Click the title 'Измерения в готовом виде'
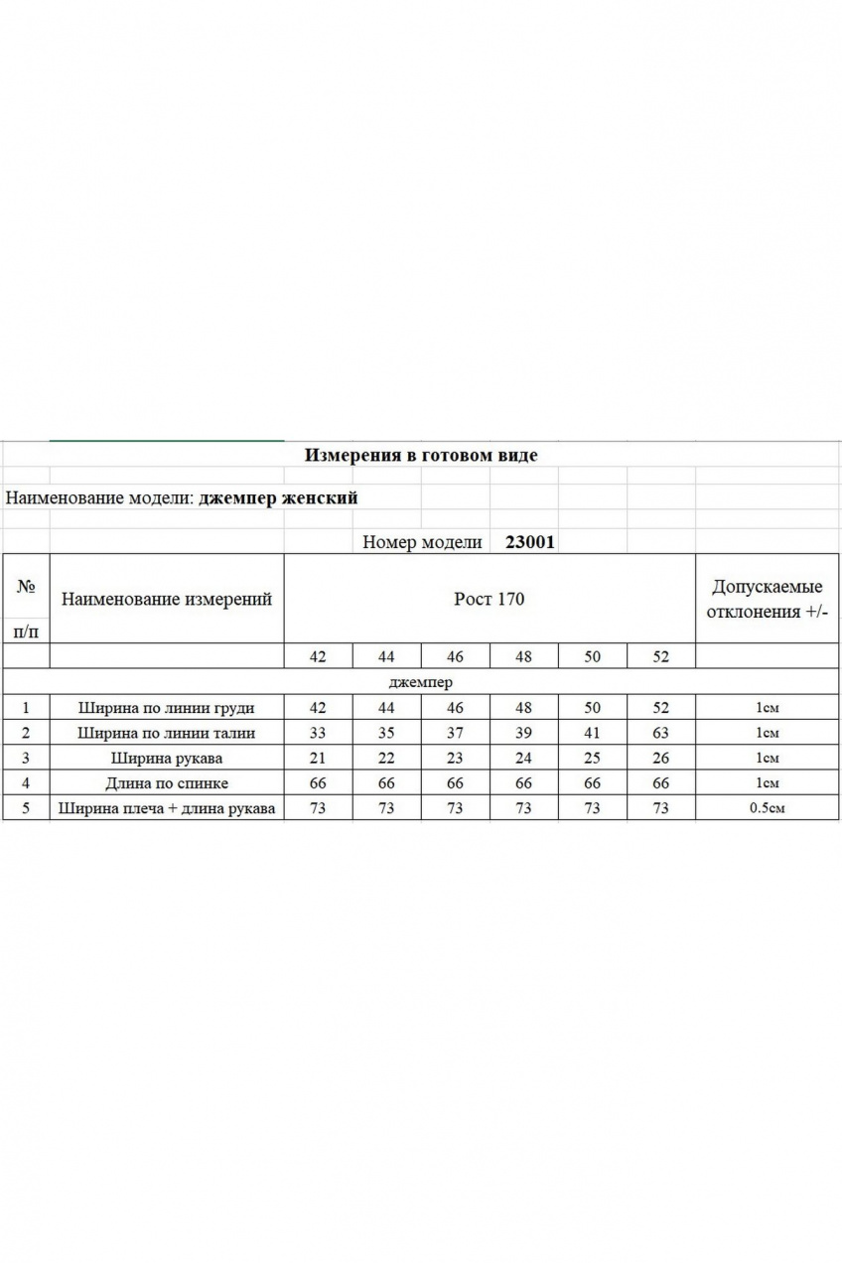421,455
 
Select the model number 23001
530,542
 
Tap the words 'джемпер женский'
278,497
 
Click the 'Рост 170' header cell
489,599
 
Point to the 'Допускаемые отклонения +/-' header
767,599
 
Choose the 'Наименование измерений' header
167,599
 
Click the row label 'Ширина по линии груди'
166,708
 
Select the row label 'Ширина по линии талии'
166,733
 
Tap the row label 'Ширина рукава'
166,758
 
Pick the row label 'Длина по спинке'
166,783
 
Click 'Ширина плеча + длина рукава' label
166,808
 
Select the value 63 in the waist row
660,733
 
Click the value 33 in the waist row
318,733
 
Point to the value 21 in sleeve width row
318,758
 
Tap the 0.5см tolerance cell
767,808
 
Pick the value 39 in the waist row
523,733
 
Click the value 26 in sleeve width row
660,758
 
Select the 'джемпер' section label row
421,682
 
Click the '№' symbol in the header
26,587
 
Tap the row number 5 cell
26,808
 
